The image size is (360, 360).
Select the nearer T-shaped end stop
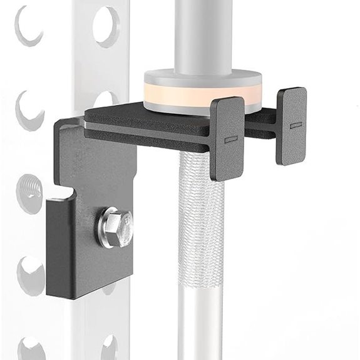[x=227, y=137]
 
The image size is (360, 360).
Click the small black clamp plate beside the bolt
[x=60, y=247]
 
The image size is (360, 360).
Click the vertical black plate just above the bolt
[x=94, y=169]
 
